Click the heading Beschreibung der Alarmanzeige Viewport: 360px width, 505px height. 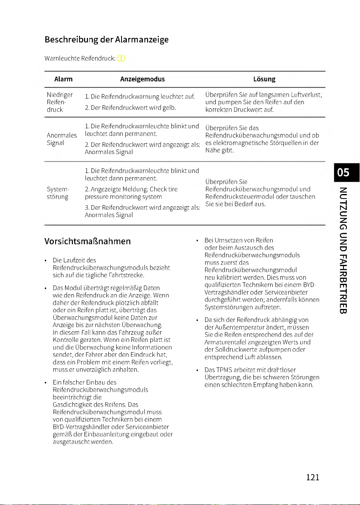coord(107,40)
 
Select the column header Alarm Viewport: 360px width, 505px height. coord(63,79)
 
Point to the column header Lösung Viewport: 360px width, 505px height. coord(264,79)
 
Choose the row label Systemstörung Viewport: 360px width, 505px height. coord(58,193)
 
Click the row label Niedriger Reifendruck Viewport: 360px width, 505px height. coord(60,103)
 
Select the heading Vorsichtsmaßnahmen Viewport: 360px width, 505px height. coord(88,241)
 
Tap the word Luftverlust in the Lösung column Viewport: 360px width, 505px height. coord(306,95)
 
